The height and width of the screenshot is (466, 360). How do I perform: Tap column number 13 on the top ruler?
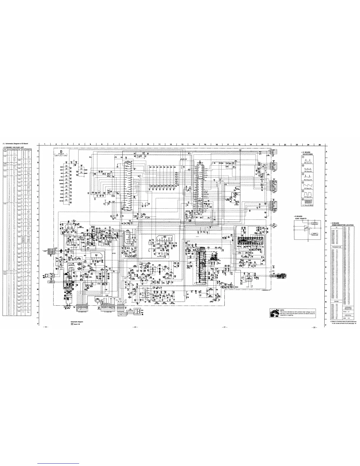coord(182,144)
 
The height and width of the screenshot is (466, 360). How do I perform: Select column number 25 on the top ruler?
coord(319,144)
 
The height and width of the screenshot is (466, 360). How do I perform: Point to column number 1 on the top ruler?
coord(44,144)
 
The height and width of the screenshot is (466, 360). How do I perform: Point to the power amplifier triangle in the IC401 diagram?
coord(307,228)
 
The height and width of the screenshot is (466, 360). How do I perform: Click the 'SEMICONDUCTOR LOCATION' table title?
coord(343,225)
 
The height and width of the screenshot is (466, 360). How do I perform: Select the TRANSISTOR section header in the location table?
coord(336,247)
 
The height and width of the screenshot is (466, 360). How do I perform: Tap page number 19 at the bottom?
coord(45,327)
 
